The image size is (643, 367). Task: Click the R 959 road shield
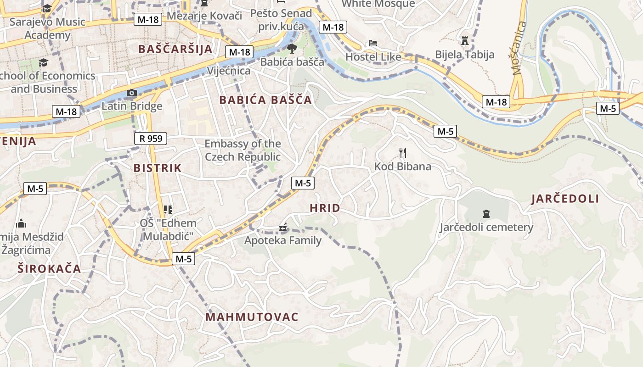[151, 138]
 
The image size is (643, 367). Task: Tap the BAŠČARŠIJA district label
[175, 49]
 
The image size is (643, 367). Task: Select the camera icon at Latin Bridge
[132, 93]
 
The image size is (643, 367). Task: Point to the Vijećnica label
[229, 71]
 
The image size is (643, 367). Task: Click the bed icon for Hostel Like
[373, 43]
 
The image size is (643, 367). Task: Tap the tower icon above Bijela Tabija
[465, 41]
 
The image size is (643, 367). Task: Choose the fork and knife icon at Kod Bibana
[403, 153]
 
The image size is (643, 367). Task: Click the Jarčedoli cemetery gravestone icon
[486, 213]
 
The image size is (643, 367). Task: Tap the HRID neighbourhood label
[325, 208]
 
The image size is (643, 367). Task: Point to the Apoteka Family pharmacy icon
[283, 227]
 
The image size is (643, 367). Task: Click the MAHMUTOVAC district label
[252, 317]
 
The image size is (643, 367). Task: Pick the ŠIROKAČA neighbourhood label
[49, 269]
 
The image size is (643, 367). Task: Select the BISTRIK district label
[158, 168]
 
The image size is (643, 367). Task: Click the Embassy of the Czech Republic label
[243, 150]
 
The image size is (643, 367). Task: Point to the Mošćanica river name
[519, 49]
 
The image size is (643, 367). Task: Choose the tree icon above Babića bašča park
[292, 48]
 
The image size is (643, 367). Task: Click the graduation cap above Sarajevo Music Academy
[47, 8]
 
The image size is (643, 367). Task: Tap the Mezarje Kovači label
[204, 16]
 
